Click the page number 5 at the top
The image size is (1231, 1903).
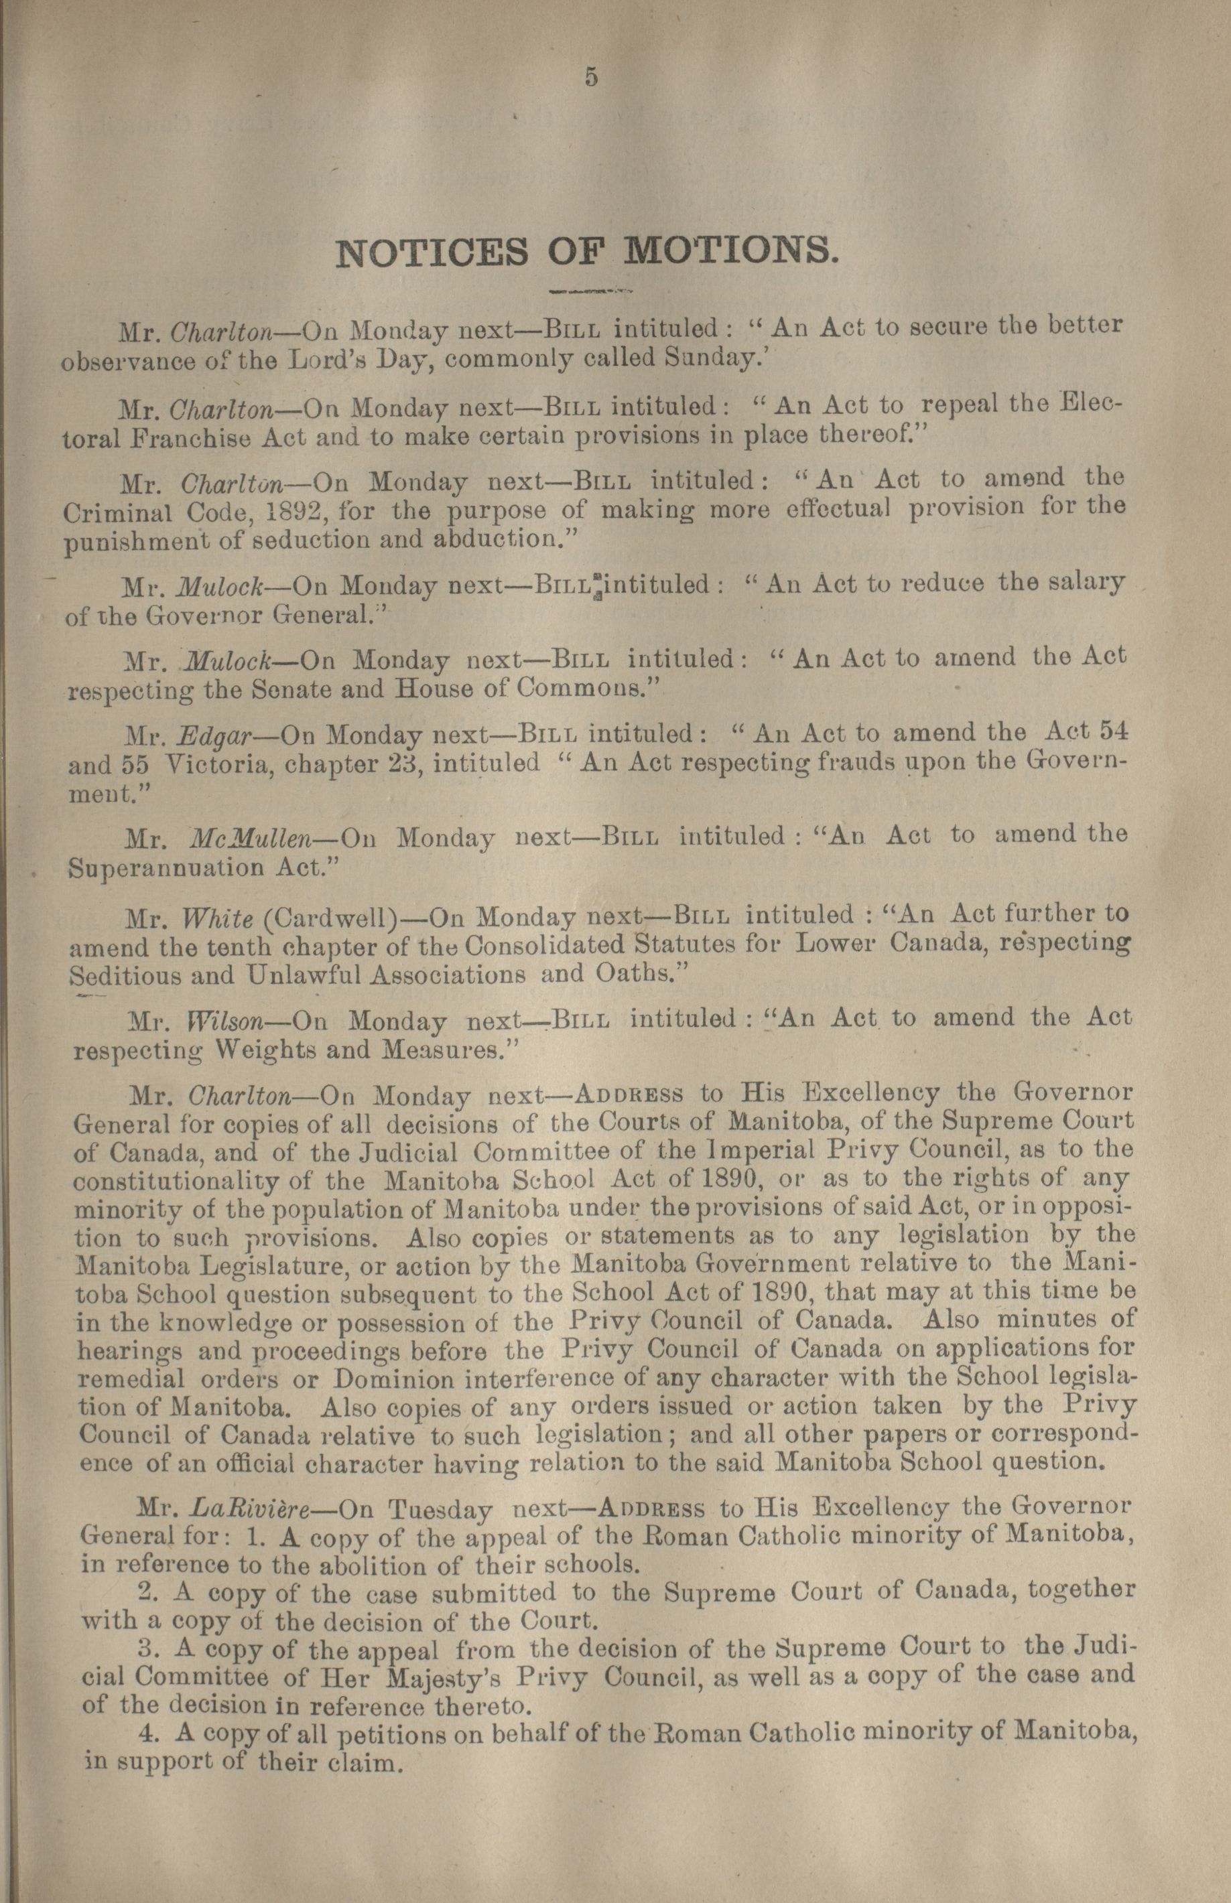591,78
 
